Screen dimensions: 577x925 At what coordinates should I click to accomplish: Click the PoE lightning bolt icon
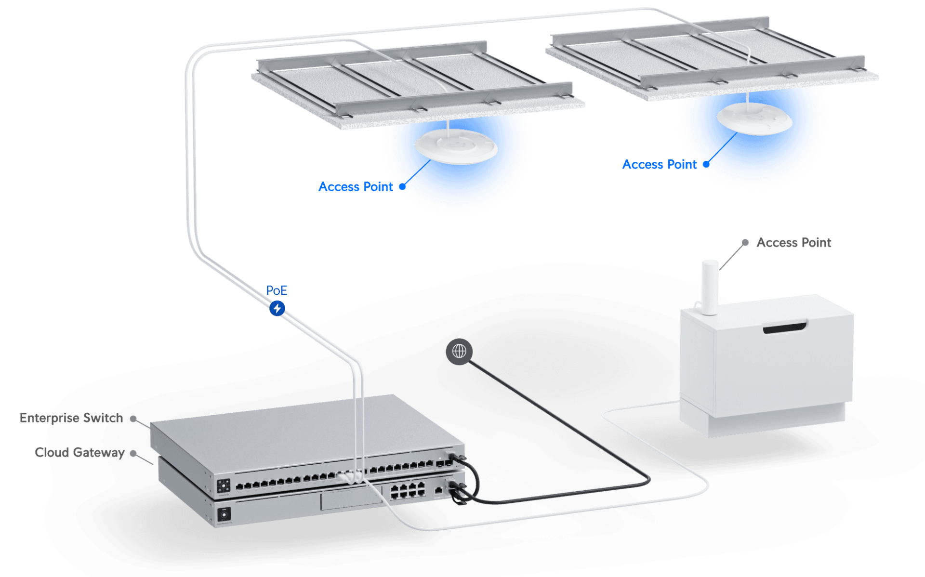point(277,308)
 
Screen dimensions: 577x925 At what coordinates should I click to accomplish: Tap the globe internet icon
point(459,352)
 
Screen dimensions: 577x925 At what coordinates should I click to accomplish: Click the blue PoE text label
point(277,290)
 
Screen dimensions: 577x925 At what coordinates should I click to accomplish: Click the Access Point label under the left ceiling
point(356,187)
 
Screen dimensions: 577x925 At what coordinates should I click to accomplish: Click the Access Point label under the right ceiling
point(659,165)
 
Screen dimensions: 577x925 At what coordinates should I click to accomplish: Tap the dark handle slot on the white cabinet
point(784,328)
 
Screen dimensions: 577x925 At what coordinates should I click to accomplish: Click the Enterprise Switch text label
point(71,418)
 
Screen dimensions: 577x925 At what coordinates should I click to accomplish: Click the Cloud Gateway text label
point(80,452)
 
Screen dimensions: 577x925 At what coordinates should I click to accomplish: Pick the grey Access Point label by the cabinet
point(793,242)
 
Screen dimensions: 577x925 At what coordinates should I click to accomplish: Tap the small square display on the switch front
point(224,485)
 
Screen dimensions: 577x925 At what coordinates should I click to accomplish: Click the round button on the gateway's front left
point(224,515)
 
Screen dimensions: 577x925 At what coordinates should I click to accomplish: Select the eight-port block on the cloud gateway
point(408,491)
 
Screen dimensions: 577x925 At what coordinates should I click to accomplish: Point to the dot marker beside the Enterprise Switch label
point(133,419)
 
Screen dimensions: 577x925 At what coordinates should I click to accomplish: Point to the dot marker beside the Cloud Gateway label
point(133,453)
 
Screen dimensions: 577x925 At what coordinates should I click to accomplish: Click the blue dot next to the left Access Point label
point(402,187)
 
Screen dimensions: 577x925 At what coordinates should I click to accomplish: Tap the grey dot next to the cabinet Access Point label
point(745,242)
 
